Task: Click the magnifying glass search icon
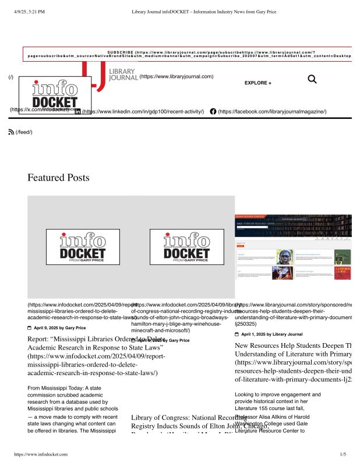click(312, 79)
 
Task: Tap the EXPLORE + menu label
click(257, 83)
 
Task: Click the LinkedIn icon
click(77, 111)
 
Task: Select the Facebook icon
click(213, 111)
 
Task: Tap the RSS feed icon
click(10, 132)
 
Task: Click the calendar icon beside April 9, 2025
click(30, 328)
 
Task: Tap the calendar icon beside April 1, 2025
click(237, 334)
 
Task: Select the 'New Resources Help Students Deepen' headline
click(291, 345)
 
